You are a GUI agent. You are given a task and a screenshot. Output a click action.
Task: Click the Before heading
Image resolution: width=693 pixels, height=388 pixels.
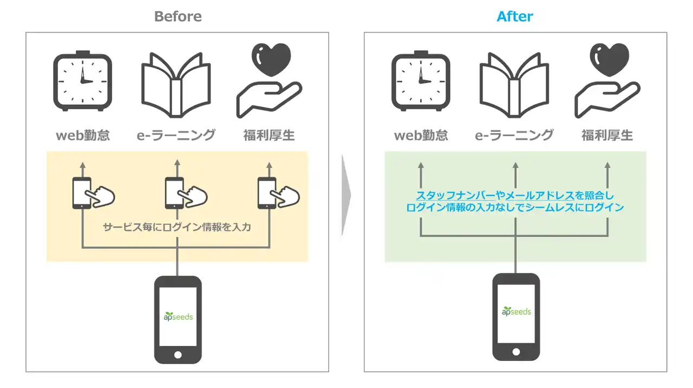click(x=178, y=16)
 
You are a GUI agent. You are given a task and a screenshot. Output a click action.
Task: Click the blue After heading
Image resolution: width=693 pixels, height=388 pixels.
click(x=514, y=16)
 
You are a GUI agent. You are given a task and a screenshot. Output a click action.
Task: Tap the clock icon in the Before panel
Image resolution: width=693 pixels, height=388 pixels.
click(x=83, y=81)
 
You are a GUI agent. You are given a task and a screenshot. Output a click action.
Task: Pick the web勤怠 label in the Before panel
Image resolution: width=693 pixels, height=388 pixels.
click(x=83, y=135)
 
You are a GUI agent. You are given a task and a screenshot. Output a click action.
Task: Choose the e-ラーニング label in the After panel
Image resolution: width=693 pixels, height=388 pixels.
click(x=514, y=135)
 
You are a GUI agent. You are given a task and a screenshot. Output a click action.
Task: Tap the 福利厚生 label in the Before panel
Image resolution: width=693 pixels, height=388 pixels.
click(x=269, y=135)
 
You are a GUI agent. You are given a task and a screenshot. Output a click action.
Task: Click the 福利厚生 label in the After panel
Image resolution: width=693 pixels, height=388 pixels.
click(x=607, y=135)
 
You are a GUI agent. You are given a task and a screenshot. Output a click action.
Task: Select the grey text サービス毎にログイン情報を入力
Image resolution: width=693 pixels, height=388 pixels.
click(x=177, y=227)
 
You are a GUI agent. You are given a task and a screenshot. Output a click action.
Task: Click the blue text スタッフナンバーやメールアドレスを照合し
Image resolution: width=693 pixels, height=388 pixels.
click(x=515, y=195)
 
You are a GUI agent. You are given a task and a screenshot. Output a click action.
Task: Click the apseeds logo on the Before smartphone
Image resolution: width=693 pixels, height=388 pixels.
click(x=178, y=316)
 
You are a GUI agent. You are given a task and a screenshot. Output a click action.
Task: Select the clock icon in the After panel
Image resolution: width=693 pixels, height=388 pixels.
click(x=421, y=81)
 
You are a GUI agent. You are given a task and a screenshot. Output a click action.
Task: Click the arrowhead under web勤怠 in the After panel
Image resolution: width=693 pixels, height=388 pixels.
click(x=421, y=165)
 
